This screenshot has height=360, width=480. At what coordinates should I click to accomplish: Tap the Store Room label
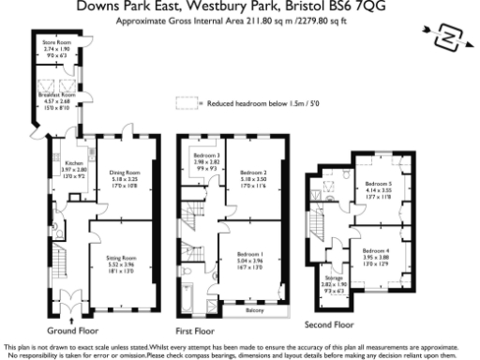click(53, 43)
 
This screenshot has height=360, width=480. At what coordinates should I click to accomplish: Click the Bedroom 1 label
click(249, 254)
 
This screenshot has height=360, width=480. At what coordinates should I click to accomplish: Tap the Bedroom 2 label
click(253, 172)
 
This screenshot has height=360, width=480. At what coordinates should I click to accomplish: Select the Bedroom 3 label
click(205, 155)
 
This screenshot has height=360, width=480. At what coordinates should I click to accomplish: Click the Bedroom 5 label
click(379, 184)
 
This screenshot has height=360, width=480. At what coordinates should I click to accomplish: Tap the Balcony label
click(254, 308)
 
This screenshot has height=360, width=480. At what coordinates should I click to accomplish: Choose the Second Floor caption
click(329, 324)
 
